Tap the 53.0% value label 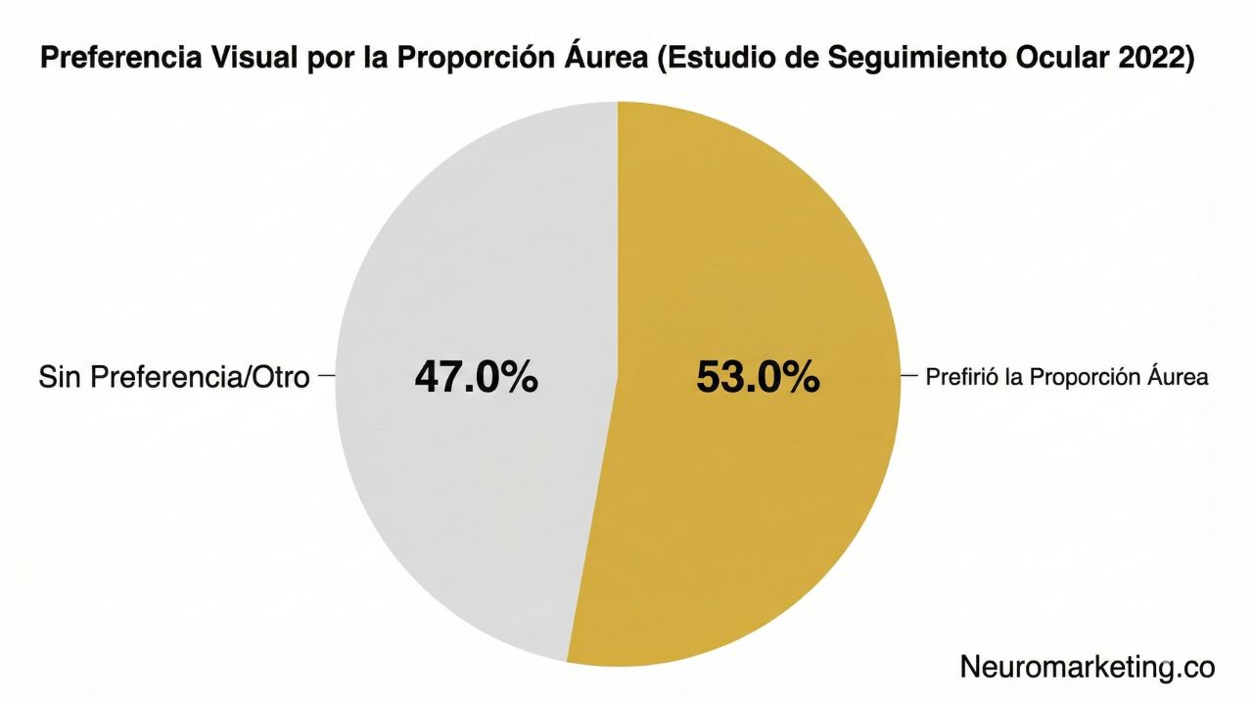pyautogui.click(x=758, y=377)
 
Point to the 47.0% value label pyautogui.click(x=476, y=377)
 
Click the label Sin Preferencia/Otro pyautogui.click(x=174, y=377)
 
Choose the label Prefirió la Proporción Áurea pyautogui.click(x=1067, y=377)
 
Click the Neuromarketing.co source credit pyautogui.click(x=1087, y=667)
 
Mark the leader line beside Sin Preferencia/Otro pyautogui.click(x=327, y=375)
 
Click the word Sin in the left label pyautogui.click(x=61, y=377)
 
